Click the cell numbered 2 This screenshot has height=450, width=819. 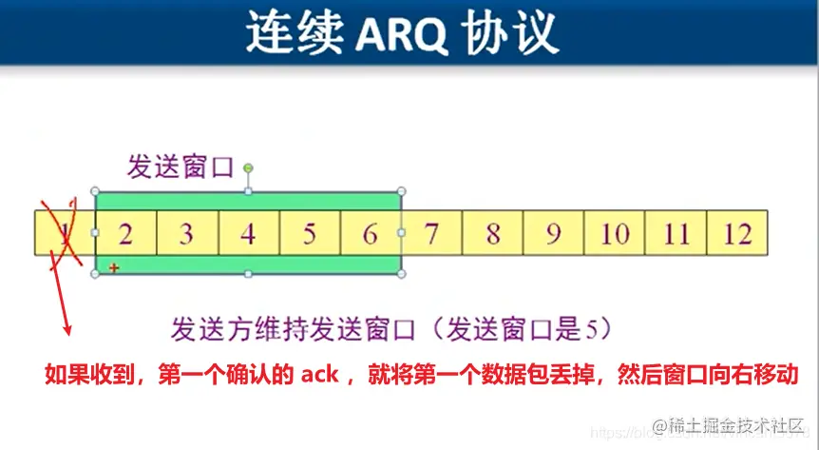point(125,233)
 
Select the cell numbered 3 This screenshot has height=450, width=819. point(187,233)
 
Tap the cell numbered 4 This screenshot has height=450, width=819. point(248,233)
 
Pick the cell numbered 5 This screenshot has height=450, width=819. point(310,233)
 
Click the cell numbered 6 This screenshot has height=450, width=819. point(371,233)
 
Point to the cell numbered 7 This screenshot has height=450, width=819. point(431,233)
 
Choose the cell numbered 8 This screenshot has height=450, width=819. point(492,233)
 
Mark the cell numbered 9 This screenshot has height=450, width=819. point(553,233)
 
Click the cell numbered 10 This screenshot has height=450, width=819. point(614,233)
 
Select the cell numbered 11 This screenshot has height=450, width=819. point(676,233)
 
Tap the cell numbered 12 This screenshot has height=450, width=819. point(736,233)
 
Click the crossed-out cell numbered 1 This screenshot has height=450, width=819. point(64,233)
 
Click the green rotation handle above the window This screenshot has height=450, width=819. point(248,168)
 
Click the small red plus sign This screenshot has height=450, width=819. point(114,269)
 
